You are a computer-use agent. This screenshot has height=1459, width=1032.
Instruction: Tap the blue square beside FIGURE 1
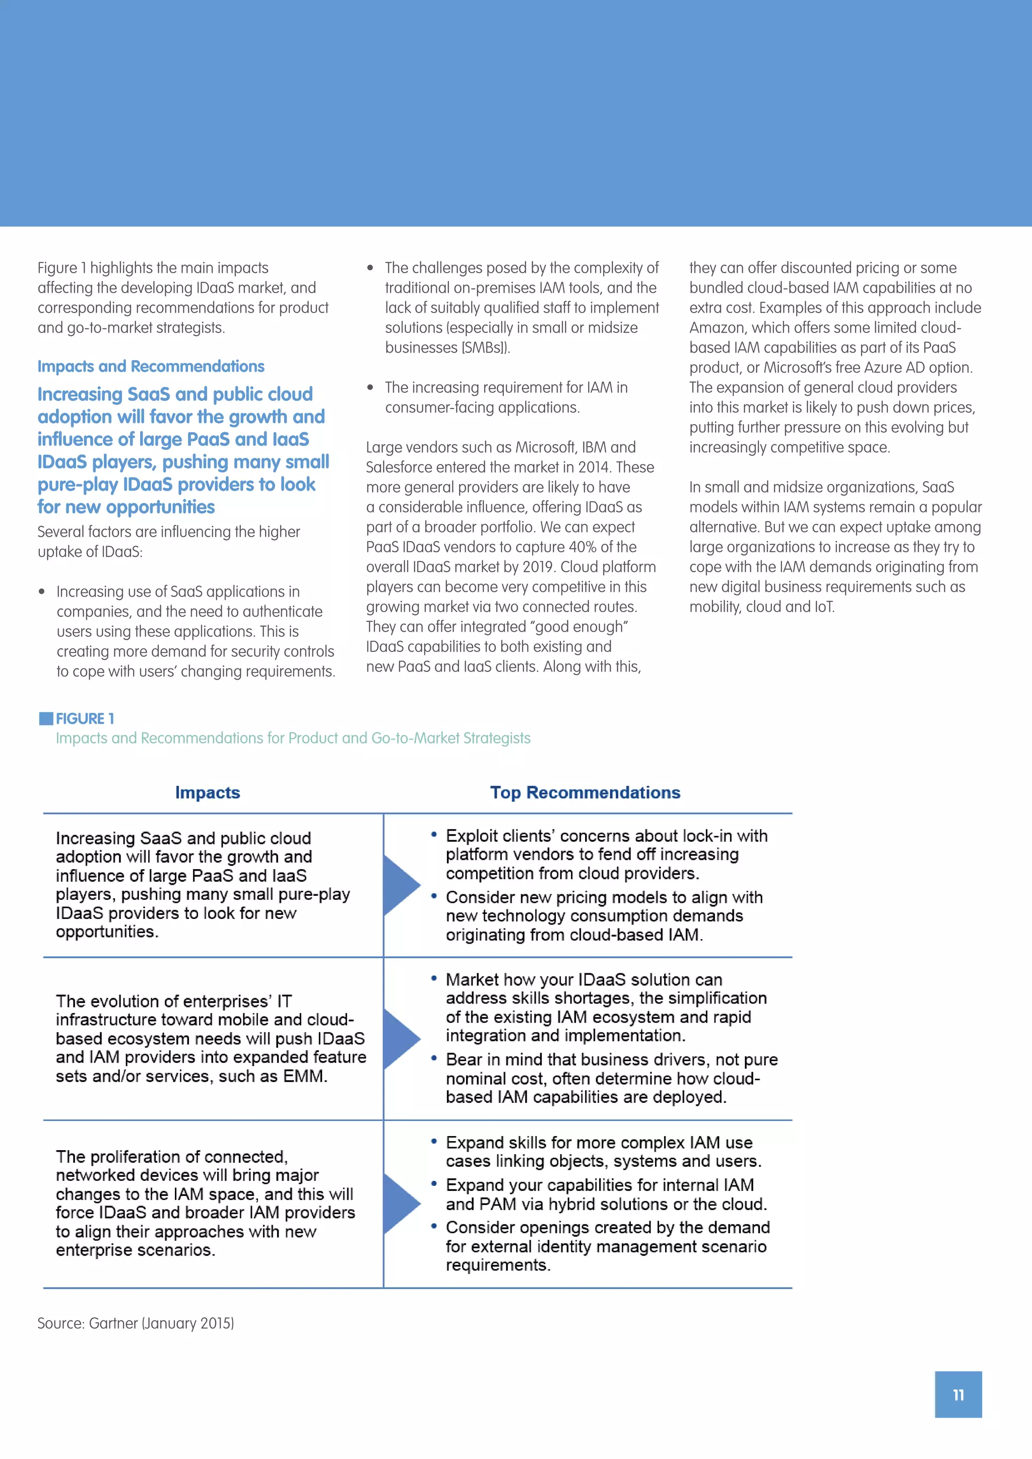pyautogui.click(x=46, y=719)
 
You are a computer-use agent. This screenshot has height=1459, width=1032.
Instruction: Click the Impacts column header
pyautogui.click(x=207, y=792)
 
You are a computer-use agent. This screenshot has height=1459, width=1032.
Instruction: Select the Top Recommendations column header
pyautogui.click(x=585, y=792)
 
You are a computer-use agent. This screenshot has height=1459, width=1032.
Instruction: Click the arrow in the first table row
pyautogui.click(x=400, y=885)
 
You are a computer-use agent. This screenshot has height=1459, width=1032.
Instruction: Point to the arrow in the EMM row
pyautogui.click(x=400, y=1038)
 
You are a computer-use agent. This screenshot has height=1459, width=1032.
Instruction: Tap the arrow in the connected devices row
pyautogui.click(x=400, y=1203)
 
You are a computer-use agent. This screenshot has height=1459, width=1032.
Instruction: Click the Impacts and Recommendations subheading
pyautogui.click(x=151, y=367)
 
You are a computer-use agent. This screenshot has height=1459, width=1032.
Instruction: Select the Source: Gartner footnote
pyautogui.click(x=136, y=1323)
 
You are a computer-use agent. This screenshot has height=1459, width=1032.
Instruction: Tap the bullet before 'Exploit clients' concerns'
pyautogui.click(x=434, y=834)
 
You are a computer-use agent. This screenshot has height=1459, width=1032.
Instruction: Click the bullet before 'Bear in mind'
pyautogui.click(x=434, y=1058)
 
